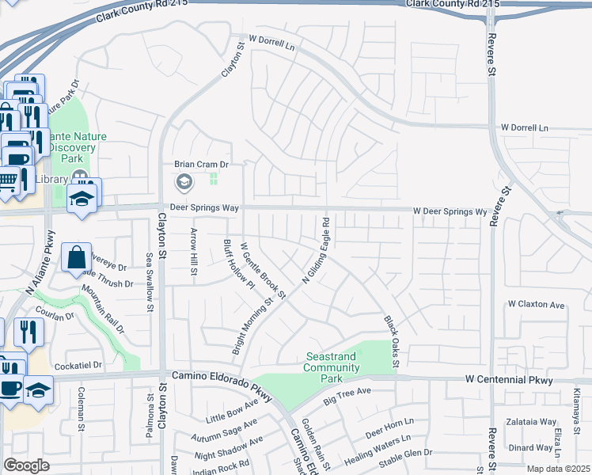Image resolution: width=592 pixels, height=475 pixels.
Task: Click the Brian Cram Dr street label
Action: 201,165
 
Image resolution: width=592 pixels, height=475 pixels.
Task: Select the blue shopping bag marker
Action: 76,258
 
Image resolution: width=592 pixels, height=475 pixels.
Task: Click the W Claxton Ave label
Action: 536,304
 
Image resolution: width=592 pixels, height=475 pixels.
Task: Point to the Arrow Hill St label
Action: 194,251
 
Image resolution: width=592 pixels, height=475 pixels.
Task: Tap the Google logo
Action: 26,465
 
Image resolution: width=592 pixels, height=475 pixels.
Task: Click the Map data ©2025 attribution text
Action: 558,469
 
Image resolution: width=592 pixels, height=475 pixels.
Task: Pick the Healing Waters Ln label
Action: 378,450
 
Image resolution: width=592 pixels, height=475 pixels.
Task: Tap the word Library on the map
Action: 51,179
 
